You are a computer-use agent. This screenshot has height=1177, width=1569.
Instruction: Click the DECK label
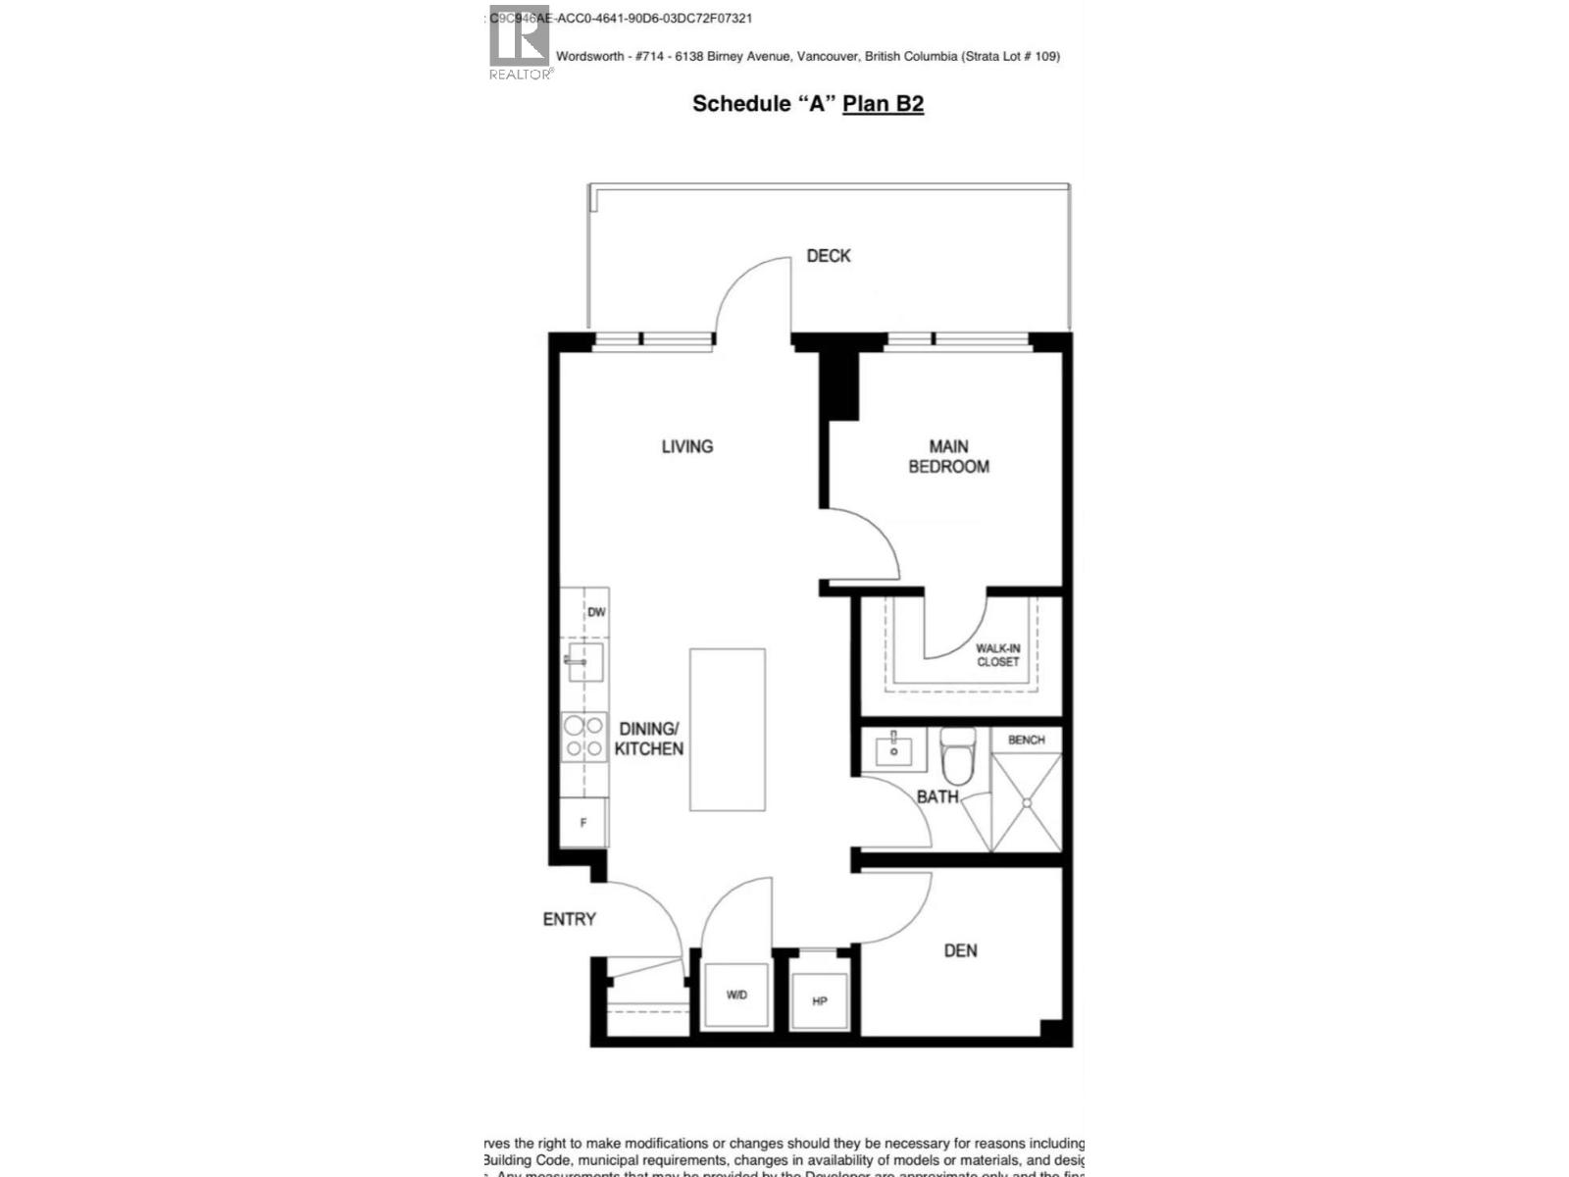(x=828, y=256)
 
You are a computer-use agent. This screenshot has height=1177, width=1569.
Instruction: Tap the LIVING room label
(x=686, y=446)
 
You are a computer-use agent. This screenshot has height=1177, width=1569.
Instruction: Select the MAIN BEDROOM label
(x=948, y=457)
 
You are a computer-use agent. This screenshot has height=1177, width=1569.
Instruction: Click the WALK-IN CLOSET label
(x=997, y=655)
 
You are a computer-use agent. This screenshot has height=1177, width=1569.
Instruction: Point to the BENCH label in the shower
(x=1026, y=740)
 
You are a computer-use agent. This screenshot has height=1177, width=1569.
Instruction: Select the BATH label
(x=937, y=796)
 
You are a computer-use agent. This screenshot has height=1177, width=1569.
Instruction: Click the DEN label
(x=960, y=950)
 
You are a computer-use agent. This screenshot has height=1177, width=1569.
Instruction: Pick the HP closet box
(x=820, y=1000)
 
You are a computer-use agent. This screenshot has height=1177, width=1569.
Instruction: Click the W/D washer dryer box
(x=737, y=995)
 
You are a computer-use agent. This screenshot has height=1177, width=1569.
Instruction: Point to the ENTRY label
(x=569, y=919)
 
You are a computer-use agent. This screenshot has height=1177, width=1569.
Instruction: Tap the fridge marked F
(x=583, y=823)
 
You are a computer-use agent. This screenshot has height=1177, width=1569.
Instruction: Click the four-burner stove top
(x=582, y=738)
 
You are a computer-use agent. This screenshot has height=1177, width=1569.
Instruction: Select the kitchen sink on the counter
(x=584, y=663)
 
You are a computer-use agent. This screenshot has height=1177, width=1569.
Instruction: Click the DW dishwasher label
(x=596, y=612)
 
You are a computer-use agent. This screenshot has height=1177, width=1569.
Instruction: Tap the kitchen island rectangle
(x=727, y=730)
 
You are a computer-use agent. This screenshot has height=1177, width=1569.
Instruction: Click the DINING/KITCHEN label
(x=648, y=739)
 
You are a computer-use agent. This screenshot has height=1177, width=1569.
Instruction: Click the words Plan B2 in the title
(x=883, y=104)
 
